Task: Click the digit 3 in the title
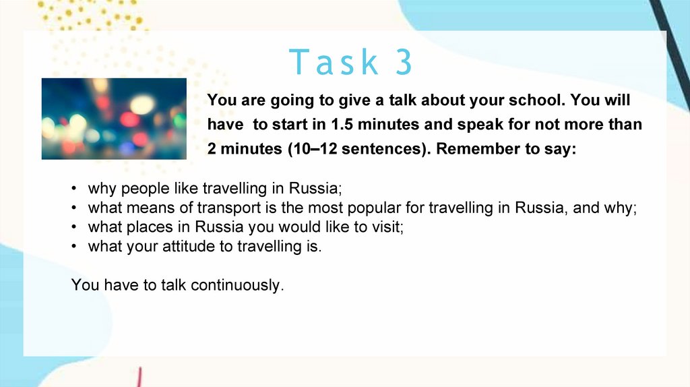click(404, 61)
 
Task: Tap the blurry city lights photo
click(114, 119)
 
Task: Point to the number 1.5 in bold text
click(342, 125)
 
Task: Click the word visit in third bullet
click(388, 227)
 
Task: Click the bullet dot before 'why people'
click(74, 188)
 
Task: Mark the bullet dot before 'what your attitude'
click(74, 246)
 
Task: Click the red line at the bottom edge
click(139, 378)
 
